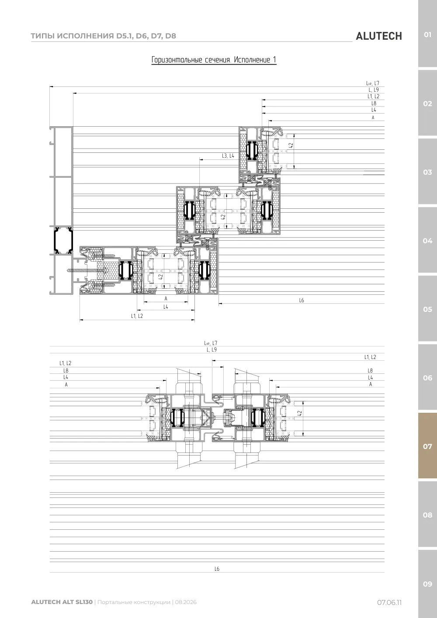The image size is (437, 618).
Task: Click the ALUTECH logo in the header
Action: tap(379, 36)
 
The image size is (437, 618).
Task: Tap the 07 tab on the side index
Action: tap(427, 446)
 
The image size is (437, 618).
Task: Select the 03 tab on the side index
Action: tap(427, 172)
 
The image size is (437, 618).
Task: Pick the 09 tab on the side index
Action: tap(427, 584)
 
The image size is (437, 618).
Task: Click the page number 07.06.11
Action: tap(389, 602)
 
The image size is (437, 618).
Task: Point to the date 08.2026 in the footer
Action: tap(186, 602)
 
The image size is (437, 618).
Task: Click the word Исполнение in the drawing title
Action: tap(252, 59)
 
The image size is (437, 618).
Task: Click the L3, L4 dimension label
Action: tap(228, 156)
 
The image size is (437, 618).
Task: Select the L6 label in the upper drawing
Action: tap(302, 300)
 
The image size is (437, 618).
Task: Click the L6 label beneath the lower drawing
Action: tap(217, 569)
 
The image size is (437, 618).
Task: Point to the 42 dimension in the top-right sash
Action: tap(291, 145)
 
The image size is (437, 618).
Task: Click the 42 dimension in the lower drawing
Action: tap(300, 413)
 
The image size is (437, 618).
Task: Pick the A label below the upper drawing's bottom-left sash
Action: tap(166, 298)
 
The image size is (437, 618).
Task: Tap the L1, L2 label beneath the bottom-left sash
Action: tap(137, 316)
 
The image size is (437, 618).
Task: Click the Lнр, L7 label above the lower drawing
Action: tap(211, 343)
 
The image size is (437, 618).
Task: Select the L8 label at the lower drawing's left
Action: tap(66, 370)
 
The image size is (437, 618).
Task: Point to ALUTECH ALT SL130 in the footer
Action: tap(62, 602)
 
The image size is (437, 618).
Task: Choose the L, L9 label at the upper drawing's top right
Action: tap(374, 90)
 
